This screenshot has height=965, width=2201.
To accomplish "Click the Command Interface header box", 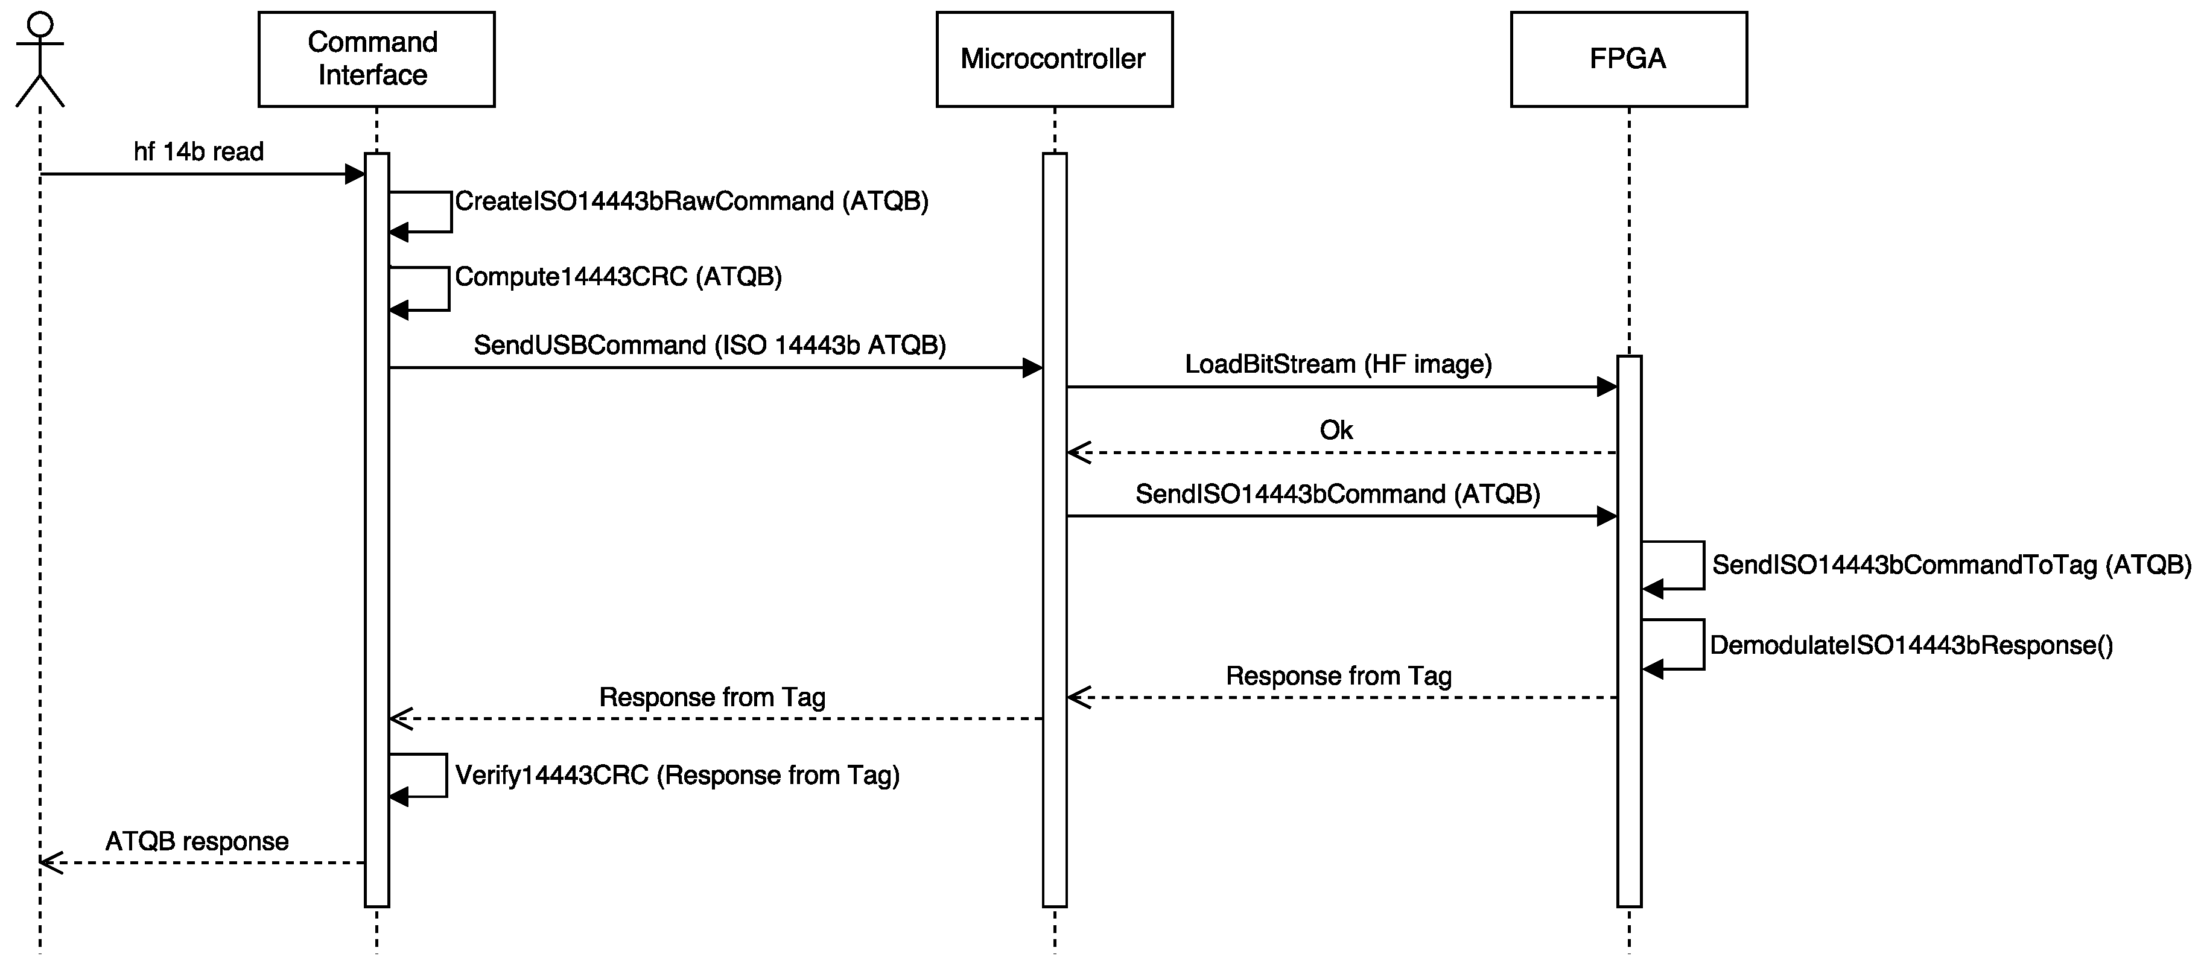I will coord(376,59).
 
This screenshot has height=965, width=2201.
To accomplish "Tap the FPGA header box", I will coord(1628,59).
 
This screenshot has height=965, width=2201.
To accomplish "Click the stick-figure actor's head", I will coord(40,25).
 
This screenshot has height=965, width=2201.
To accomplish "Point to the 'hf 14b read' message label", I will coord(199,152).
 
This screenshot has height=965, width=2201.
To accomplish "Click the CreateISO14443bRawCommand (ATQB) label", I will coord(691,201).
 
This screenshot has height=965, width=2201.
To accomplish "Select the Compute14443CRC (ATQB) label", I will coord(618,277).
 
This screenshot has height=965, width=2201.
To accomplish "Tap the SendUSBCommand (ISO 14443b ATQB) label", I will coord(709,345).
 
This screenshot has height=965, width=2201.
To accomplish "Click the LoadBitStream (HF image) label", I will coord(1338,365).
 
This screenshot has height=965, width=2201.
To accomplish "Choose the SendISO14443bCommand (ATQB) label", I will coord(1337,495).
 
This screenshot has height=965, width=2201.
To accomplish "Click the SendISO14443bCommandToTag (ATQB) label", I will coord(1951,565).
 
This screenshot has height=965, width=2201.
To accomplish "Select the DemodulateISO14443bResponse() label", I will coord(1911,645).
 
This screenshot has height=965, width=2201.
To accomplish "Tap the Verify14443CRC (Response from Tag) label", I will coord(677,776).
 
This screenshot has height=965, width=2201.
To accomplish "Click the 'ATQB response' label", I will coord(197,842).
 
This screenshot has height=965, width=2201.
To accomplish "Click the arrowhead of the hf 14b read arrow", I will coord(355,174).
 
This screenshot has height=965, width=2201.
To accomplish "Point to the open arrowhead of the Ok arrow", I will coord(1078,452).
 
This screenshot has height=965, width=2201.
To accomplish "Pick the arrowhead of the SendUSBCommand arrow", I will coord(1032,368).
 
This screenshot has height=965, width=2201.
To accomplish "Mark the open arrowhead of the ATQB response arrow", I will coord(51,862).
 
